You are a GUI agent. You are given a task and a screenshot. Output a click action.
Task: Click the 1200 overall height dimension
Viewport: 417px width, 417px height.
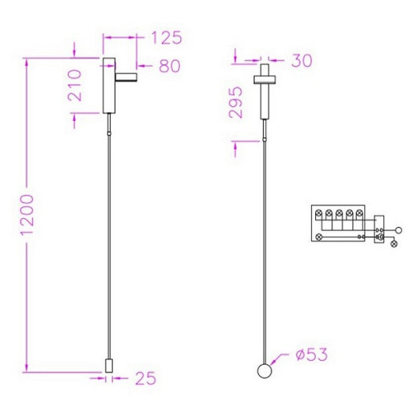[27, 215]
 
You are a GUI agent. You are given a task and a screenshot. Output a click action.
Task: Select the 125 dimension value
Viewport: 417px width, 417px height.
[167, 38]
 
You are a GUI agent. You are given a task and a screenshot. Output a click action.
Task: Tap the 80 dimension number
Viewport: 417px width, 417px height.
[170, 66]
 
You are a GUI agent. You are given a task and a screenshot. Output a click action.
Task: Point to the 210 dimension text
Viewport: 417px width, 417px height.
[75, 85]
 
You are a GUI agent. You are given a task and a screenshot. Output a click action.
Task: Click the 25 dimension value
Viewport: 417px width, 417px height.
[146, 379]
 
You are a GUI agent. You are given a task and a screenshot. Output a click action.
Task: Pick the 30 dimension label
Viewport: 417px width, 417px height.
[302, 61]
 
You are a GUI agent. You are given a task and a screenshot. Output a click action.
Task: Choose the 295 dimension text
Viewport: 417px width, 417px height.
[236, 102]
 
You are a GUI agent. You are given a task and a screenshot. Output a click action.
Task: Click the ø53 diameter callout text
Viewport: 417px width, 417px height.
[312, 354]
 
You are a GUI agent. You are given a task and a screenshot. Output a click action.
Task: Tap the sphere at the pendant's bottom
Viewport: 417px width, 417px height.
[265, 370]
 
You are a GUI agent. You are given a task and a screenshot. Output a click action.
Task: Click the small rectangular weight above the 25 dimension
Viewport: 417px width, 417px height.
[109, 366]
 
